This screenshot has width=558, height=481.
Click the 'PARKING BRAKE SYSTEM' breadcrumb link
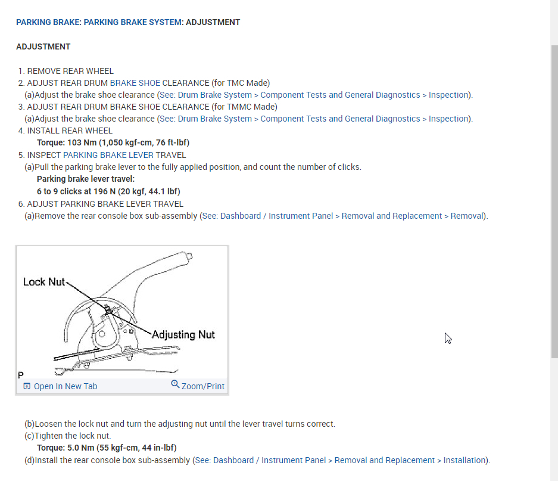[x=132, y=22]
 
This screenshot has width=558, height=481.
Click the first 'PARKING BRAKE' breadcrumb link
[x=48, y=22]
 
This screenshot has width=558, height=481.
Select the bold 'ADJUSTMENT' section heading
[x=43, y=46]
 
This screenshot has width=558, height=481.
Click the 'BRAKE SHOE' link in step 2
[x=135, y=83]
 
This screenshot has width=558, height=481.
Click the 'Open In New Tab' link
[x=65, y=386]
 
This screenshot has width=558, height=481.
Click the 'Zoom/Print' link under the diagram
[x=202, y=386]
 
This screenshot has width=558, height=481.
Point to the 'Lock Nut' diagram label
[x=43, y=282]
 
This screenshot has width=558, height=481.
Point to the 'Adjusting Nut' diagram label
[x=183, y=334]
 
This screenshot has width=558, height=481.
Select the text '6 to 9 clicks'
[x=59, y=191]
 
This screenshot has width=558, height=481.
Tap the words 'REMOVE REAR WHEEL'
[x=70, y=71]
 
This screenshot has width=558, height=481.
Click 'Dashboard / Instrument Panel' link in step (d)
[x=269, y=460]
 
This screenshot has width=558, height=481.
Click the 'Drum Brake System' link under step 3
[x=214, y=119]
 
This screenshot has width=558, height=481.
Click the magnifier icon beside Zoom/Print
[x=175, y=385]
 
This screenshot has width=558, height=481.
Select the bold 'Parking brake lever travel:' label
[x=86, y=179]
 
